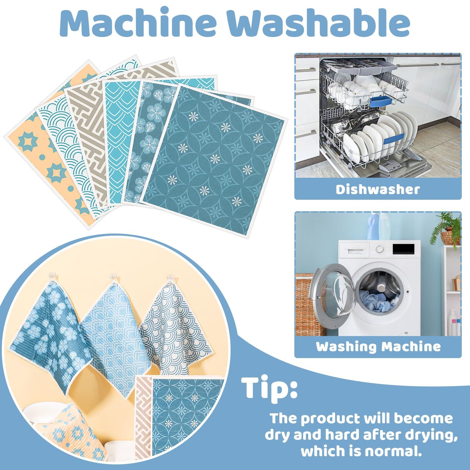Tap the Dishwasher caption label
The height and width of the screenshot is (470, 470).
pos(378,189)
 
